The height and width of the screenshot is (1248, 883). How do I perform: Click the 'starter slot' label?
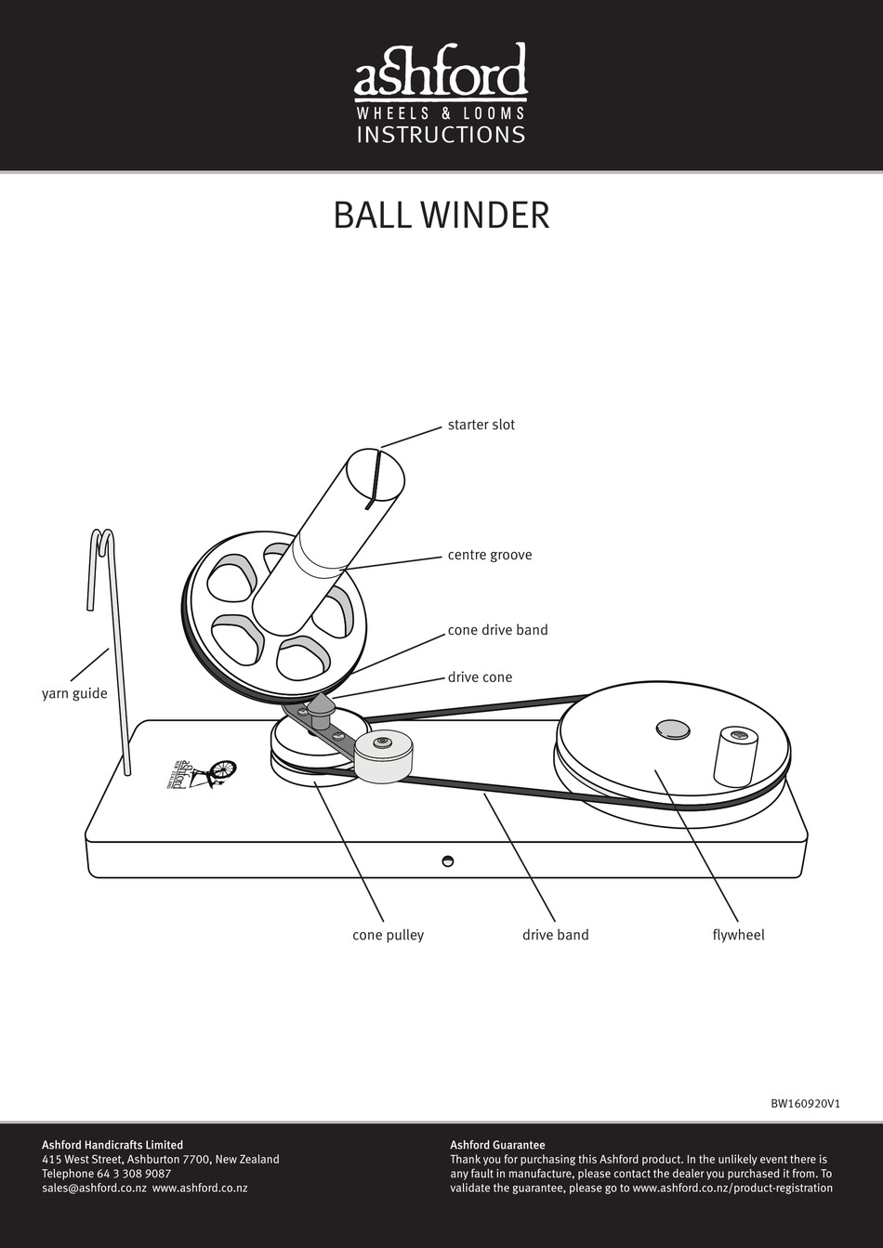(481, 425)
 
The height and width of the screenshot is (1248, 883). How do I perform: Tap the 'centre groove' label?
(489, 555)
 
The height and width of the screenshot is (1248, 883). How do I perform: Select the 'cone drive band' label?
(497, 630)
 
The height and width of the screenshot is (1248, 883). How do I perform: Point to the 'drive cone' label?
(480, 677)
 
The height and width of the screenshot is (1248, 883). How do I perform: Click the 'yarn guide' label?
(74, 693)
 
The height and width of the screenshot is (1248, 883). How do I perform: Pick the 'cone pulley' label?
(388, 935)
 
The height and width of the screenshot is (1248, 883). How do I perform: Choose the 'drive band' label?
(555, 935)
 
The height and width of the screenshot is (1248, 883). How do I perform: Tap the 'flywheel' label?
(738, 935)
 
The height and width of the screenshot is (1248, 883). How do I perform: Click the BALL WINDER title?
(441, 215)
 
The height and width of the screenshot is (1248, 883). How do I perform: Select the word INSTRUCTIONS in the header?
(441, 135)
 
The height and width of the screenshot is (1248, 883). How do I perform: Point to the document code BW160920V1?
(805, 1104)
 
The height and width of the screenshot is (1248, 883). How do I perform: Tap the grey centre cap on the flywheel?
(672, 729)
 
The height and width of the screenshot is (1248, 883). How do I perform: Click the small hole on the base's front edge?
(447, 860)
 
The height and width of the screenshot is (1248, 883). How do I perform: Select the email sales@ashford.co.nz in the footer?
(94, 1188)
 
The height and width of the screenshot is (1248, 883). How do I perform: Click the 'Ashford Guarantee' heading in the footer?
(497, 1145)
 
